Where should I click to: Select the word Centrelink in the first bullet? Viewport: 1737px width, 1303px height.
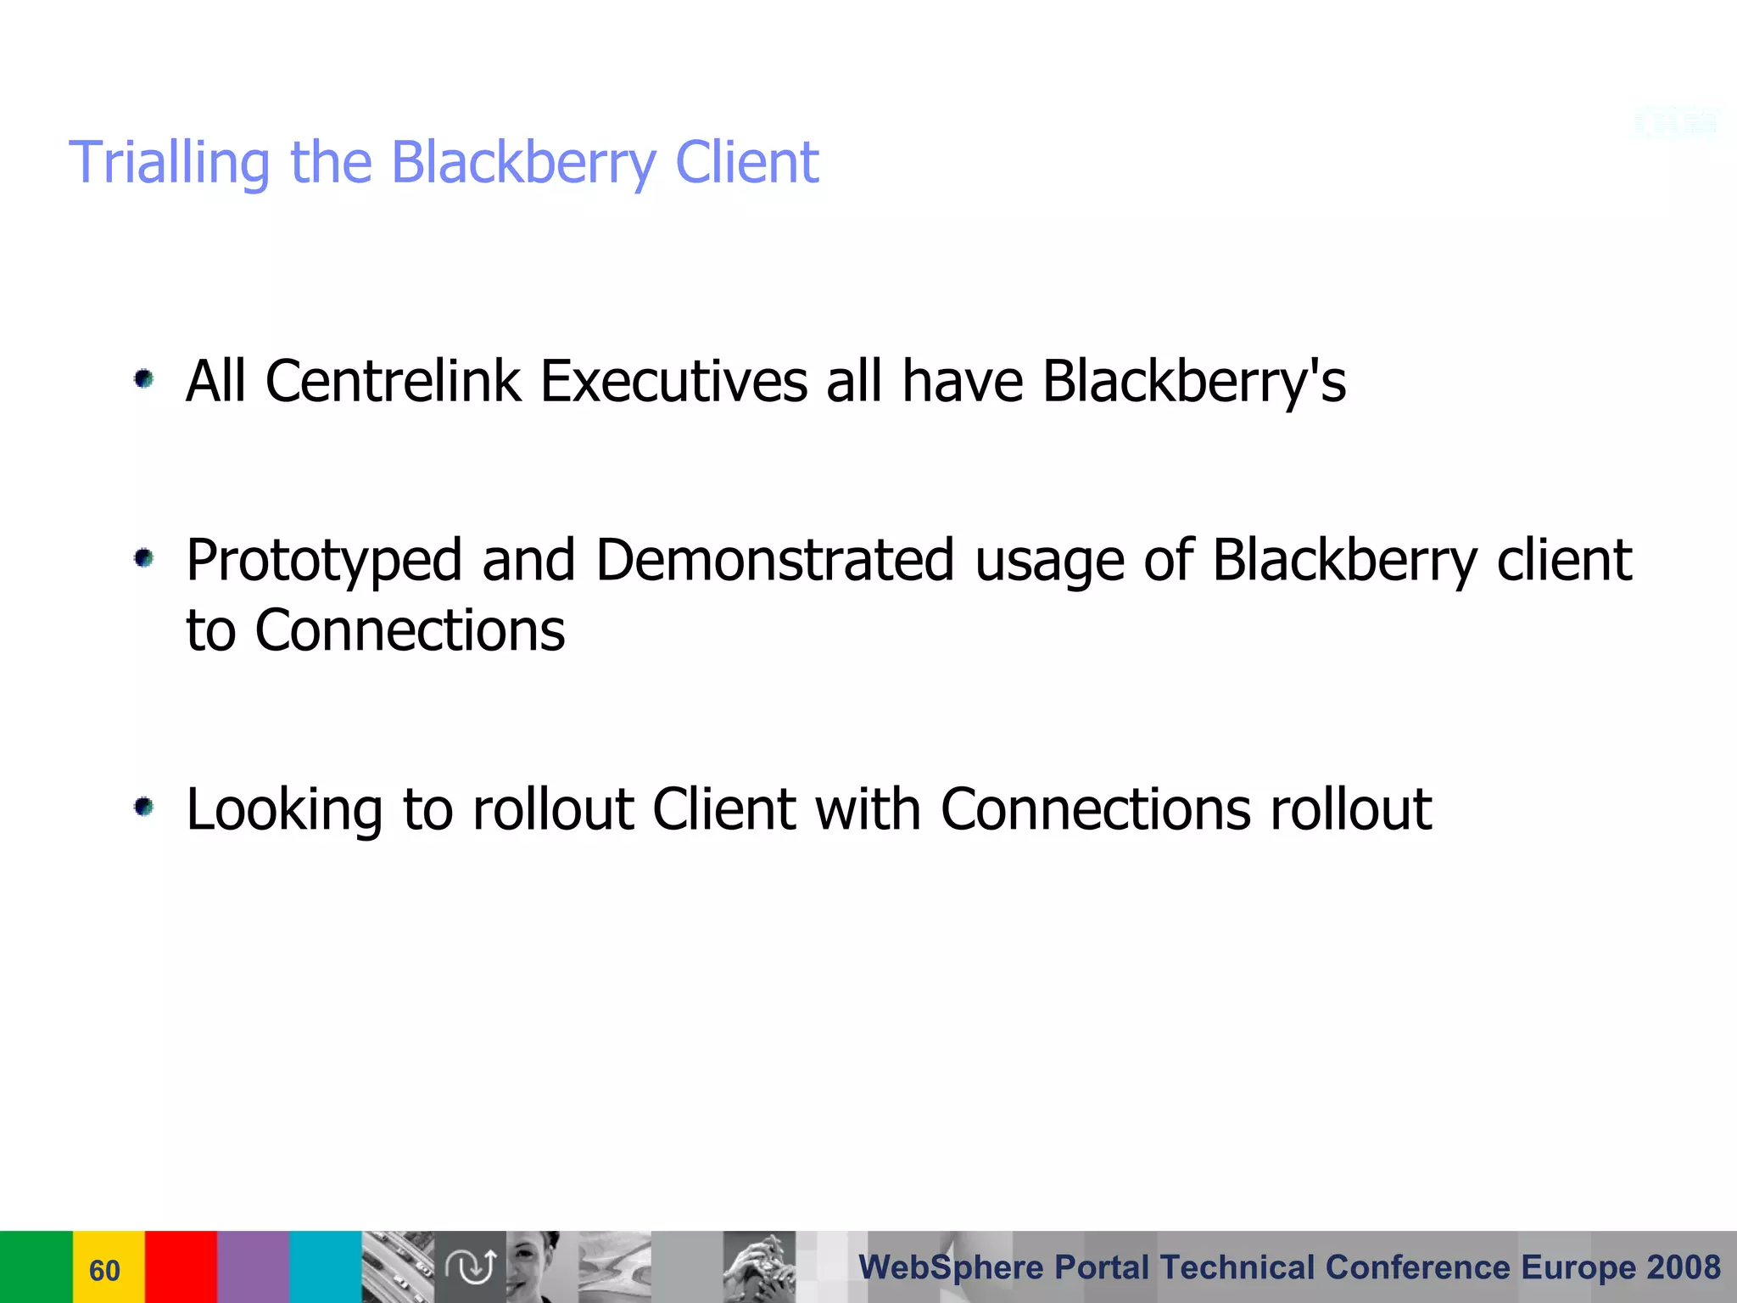pos(393,381)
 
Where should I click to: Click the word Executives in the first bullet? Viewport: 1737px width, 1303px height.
pos(673,381)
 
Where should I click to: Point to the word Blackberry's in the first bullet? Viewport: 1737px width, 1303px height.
pos(1193,381)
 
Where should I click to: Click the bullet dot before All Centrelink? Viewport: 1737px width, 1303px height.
pos(144,378)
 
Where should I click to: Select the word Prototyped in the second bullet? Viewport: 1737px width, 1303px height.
pos(324,561)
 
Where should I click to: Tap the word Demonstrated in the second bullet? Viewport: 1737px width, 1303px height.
pos(774,561)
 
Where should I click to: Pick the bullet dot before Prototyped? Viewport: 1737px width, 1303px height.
pos(144,558)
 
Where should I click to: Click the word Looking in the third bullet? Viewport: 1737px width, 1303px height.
pos(284,809)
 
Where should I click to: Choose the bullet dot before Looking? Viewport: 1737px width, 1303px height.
pos(144,807)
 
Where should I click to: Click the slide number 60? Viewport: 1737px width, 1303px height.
pos(105,1270)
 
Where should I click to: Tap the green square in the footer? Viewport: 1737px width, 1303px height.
pos(36,1267)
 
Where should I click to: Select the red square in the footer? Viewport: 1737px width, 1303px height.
pos(181,1267)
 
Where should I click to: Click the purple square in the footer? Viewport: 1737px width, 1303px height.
pos(253,1267)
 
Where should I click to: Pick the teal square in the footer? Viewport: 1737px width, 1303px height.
pos(326,1267)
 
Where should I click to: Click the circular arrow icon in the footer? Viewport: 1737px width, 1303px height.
pos(471,1267)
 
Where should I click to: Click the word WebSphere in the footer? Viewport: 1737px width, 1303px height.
pos(951,1267)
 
